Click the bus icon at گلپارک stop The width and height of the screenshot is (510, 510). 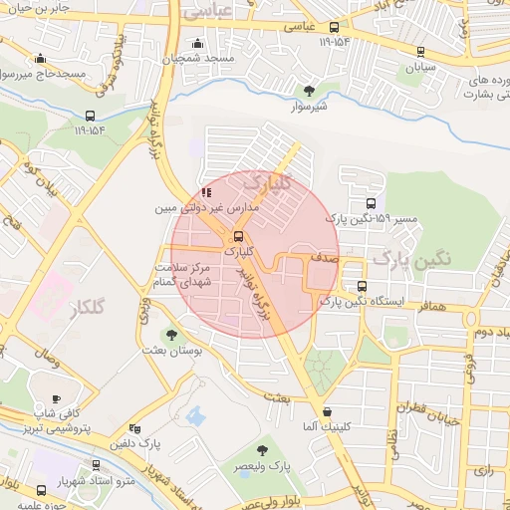237,236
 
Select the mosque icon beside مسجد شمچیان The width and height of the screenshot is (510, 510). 198,44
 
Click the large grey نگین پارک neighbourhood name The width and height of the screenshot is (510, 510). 411,260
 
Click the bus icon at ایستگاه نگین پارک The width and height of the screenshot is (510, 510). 360,286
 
